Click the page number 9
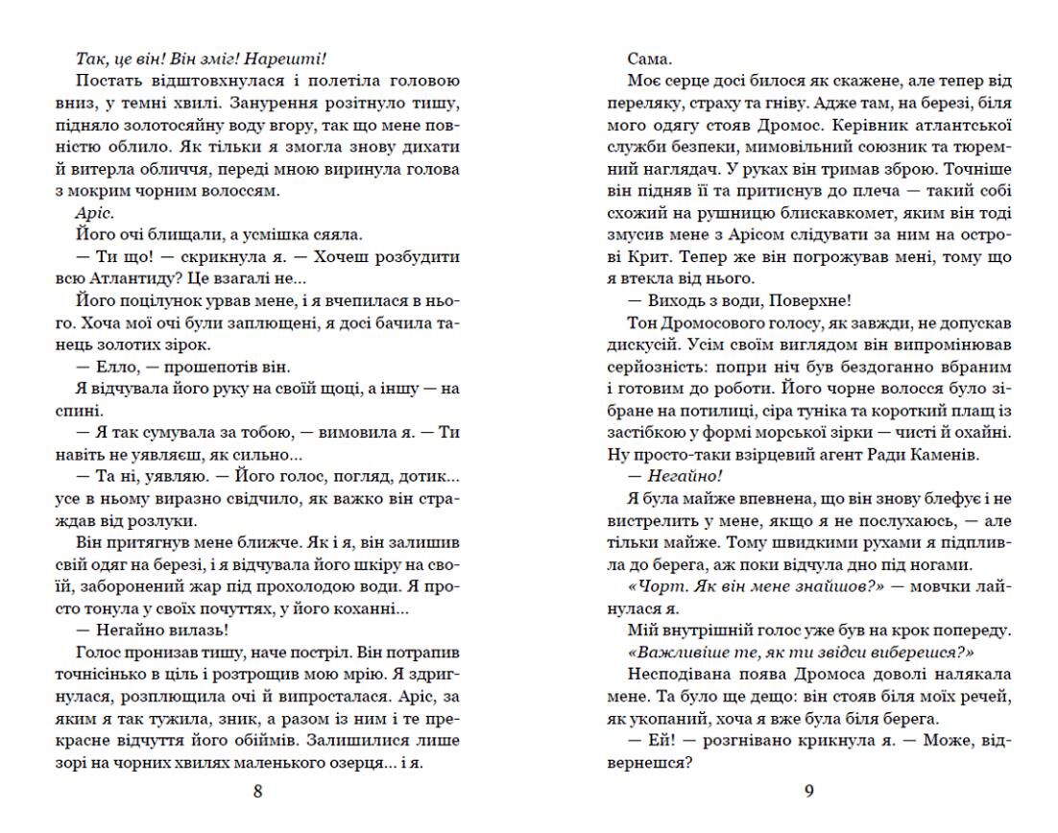tap(807, 792)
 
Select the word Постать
tap(105, 81)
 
